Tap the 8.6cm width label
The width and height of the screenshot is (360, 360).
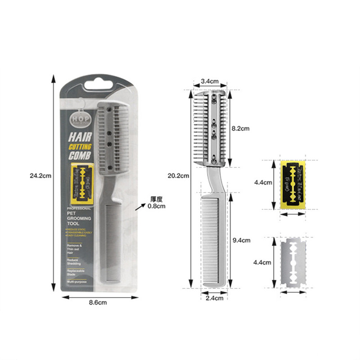(x=97, y=302)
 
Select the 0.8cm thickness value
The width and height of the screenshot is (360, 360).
(x=157, y=206)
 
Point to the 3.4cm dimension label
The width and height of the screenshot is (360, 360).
(x=210, y=81)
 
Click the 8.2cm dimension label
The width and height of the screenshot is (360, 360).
(x=240, y=128)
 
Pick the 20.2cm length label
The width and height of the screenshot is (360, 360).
(x=178, y=175)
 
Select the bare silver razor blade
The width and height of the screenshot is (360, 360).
(x=293, y=263)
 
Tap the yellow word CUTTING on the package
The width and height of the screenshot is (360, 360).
(x=80, y=147)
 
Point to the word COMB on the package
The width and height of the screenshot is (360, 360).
(x=80, y=156)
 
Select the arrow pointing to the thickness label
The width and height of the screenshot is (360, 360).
(x=142, y=205)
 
